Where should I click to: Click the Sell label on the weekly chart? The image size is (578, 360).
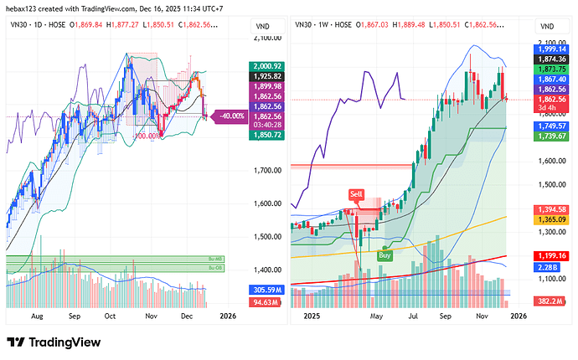pyautogui.click(x=357, y=193)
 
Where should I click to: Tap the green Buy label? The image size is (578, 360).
pyautogui.click(x=385, y=255)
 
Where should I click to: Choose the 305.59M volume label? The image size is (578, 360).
pyautogui.click(x=266, y=290)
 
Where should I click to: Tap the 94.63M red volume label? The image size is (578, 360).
pyautogui.click(x=266, y=301)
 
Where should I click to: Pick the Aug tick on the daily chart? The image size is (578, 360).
pyautogui.click(x=35, y=317)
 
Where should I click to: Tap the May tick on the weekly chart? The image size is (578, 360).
pyautogui.click(x=376, y=317)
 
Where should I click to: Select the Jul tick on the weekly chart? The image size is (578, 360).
pyautogui.click(x=414, y=317)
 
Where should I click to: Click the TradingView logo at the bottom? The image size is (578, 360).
pyautogui.click(x=55, y=342)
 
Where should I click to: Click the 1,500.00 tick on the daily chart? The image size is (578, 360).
pyautogui.click(x=266, y=236)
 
